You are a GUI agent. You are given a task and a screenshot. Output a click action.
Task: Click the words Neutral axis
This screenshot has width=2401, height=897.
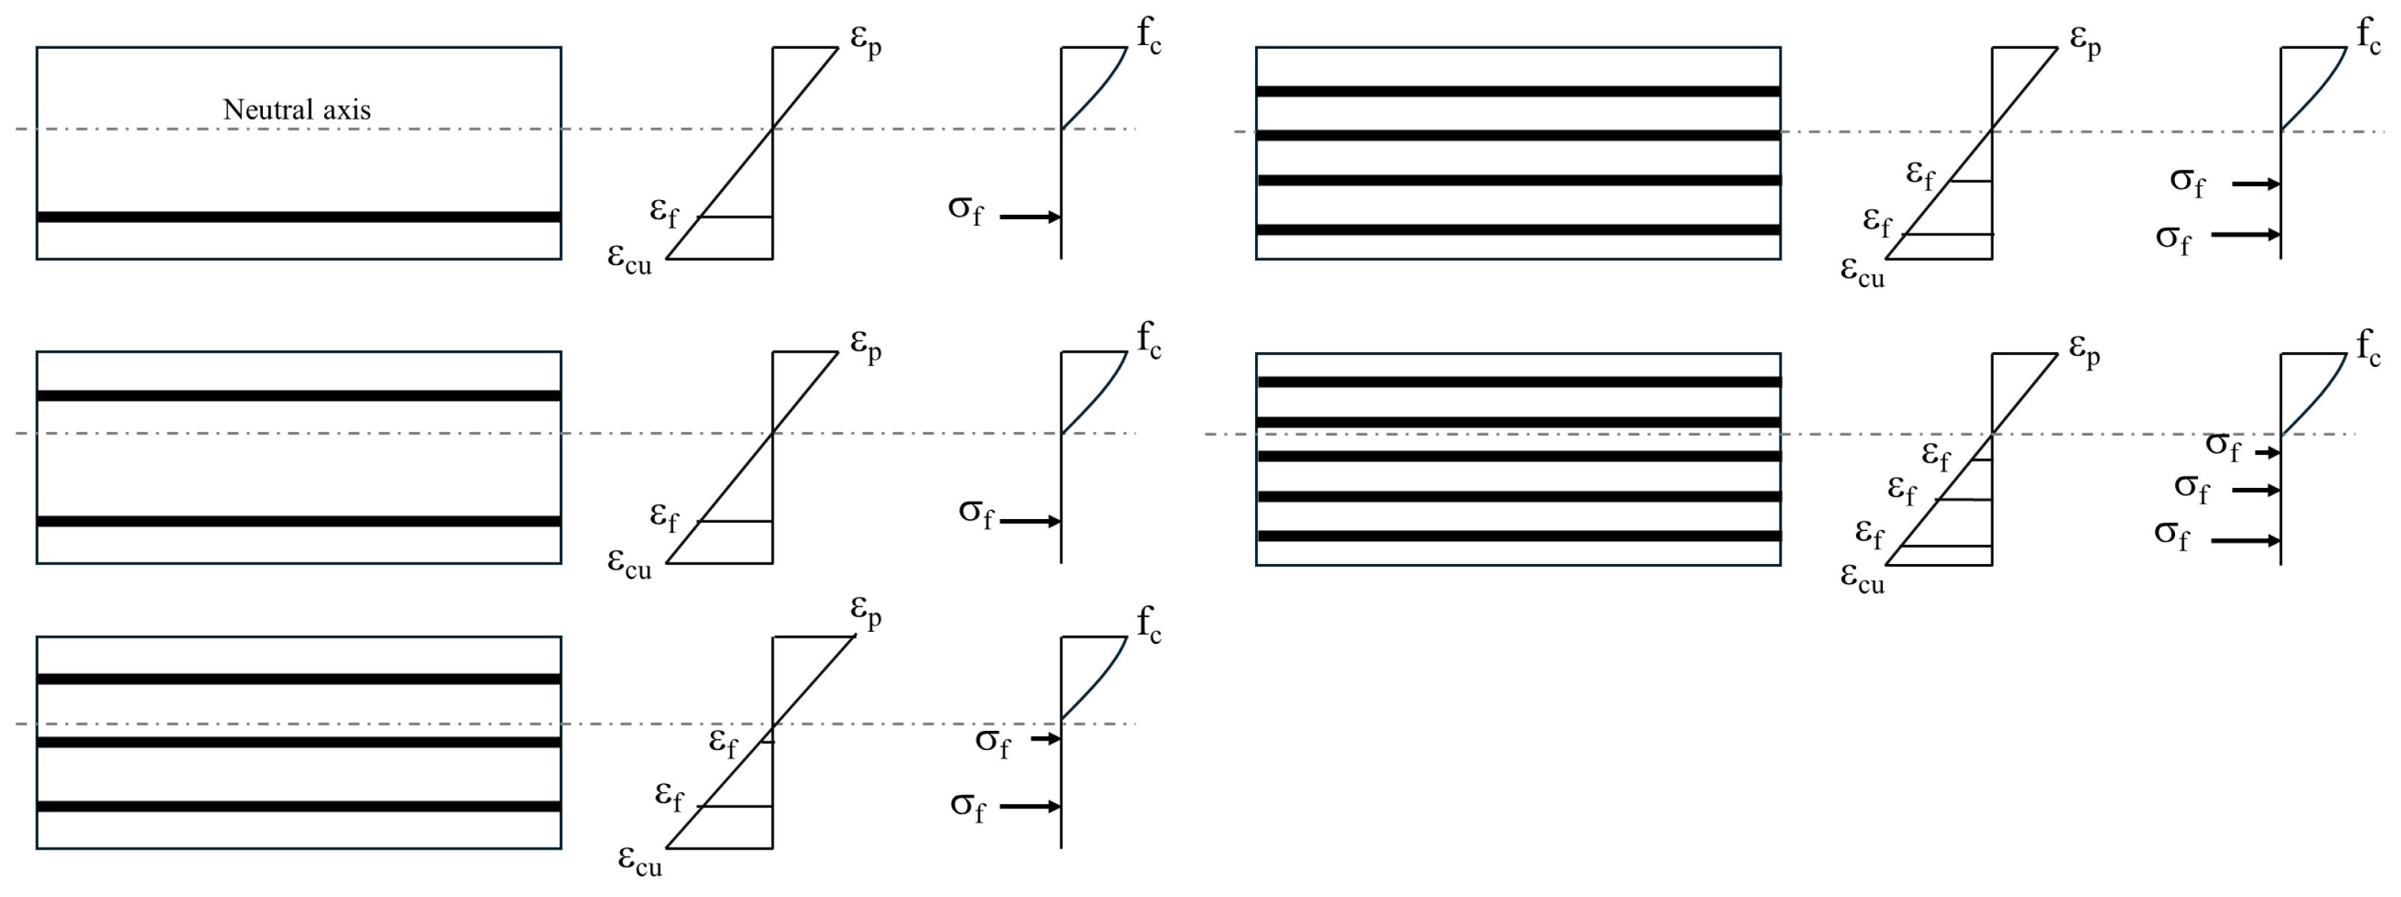[296, 110]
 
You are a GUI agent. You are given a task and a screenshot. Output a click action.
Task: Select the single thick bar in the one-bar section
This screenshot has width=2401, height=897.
[298, 217]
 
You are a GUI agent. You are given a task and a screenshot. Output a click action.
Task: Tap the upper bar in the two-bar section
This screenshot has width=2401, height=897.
[298, 396]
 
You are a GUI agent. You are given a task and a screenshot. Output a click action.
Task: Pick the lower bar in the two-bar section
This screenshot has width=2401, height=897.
[298, 521]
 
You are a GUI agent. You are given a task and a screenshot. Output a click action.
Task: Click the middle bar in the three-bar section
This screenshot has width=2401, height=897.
[298, 742]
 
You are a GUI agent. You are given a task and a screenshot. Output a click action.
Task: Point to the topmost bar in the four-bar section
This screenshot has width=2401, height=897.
[1517, 91]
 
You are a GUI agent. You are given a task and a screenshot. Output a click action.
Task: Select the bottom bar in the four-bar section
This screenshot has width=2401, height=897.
[1517, 230]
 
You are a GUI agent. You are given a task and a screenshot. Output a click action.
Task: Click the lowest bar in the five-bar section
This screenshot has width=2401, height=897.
[1517, 536]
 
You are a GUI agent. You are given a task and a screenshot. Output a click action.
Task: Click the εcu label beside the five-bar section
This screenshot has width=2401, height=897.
[1861, 577]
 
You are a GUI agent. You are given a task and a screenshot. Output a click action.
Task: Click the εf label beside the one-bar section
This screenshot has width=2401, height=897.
[664, 212]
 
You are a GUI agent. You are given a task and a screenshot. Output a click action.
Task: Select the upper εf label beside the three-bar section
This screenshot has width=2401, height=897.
[724, 742]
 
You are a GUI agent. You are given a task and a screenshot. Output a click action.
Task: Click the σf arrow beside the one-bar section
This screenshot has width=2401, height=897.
[1030, 217]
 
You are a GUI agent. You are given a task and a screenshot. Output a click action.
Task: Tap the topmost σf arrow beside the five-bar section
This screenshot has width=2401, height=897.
[2267, 453]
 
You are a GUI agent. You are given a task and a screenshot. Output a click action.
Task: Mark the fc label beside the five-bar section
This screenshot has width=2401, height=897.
[2369, 348]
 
